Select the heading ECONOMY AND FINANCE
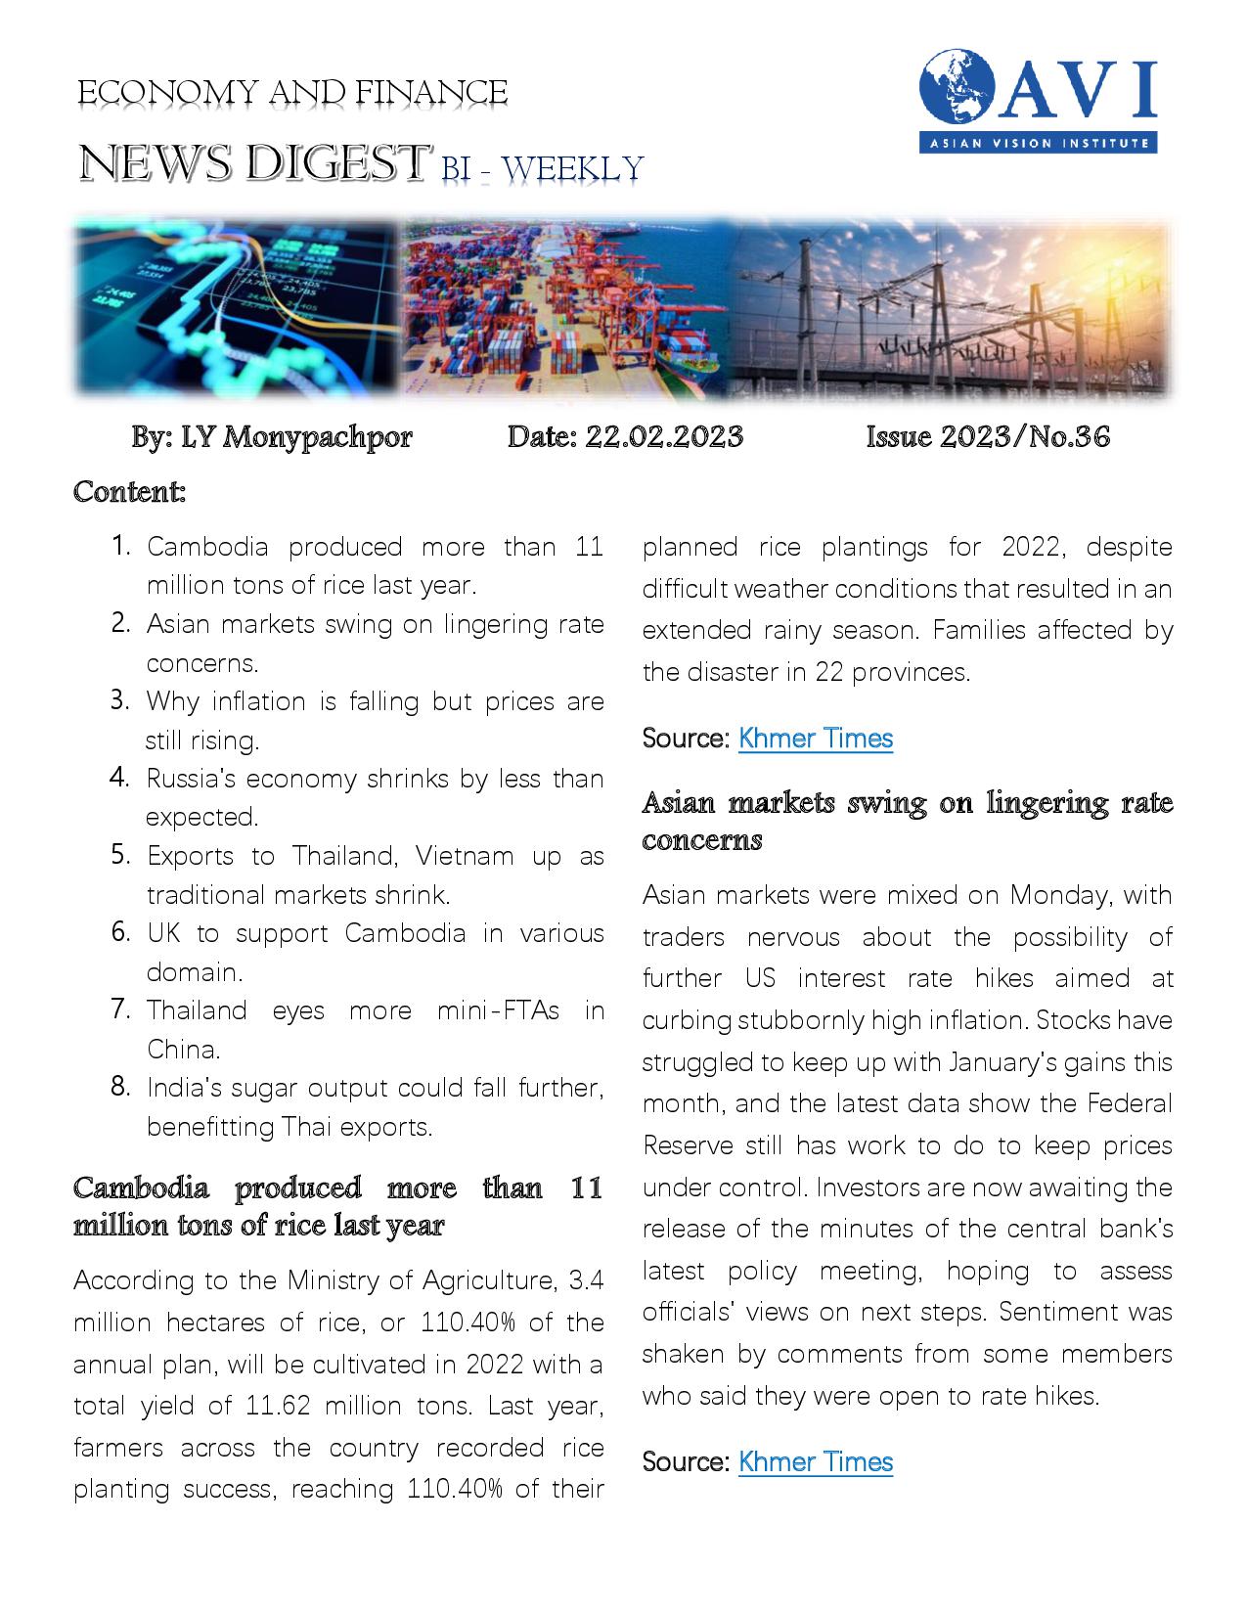coord(291,93)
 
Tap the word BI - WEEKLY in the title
coord(542,168)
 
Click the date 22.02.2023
coord(664,436)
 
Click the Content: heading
coord(129,491)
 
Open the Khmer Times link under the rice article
coord(815,739)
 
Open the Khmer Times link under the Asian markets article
coord(815,1462)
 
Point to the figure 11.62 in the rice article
coord(267,1407)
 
